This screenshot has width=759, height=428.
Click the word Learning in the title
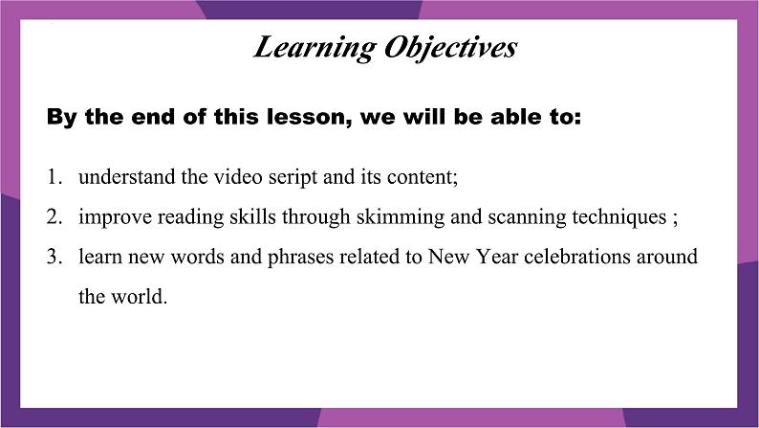coord(314,49)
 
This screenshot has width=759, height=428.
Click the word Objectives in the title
coord(450,49)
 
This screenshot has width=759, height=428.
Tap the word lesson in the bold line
coord(310,118)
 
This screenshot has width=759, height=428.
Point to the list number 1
coord(54,177)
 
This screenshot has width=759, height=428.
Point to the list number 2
coord(54,216)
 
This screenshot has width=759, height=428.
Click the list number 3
coord(54,257)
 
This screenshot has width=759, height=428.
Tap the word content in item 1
coord(420,177)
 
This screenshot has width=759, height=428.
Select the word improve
coord(116,217)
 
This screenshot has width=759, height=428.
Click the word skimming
coord(401,217)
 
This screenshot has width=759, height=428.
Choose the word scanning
coord(527,217)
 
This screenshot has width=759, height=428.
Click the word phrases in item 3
coord(300,258)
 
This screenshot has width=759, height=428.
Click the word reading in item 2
coord(191,217)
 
